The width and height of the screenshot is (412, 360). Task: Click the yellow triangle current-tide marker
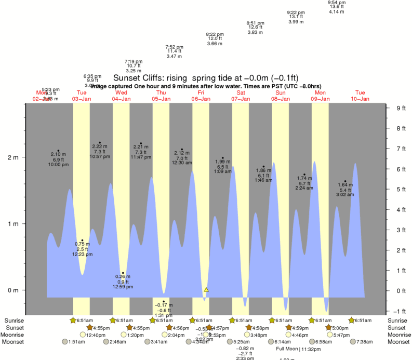tap(207, 289)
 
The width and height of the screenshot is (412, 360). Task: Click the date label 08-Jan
tap(281, 98)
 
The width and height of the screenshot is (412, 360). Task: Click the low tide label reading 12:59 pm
tap(123, 287)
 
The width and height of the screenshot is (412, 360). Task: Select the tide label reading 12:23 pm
tap(82, 254)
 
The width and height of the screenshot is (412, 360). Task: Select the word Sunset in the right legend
tap(397, 328)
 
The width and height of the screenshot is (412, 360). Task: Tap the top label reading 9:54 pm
tap(337, 2)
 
